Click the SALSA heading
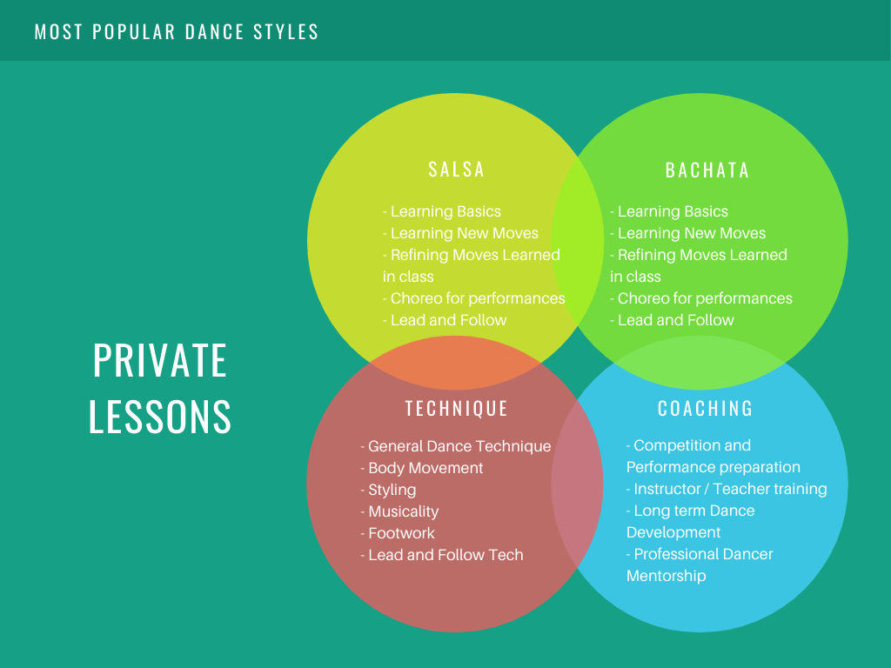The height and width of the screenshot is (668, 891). [456, 170]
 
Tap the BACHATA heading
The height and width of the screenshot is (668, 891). [707, 170]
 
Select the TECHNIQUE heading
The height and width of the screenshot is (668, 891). [456, 409]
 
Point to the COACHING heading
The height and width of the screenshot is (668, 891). [705, 409]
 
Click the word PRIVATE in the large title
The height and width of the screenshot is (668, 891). [160, 360]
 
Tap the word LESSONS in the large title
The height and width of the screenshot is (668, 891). [160, 417]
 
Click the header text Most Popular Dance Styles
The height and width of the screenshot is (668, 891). [176, 32]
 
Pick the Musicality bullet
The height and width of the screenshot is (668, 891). [399, 511]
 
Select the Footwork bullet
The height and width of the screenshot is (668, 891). [397, 533]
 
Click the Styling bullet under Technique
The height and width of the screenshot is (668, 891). [388, 490]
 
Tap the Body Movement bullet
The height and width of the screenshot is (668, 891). [422, 468]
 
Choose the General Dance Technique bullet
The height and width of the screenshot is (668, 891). [456, 446]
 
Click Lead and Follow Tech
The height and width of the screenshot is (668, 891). [442, 554]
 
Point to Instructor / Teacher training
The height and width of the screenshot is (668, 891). [727, 489]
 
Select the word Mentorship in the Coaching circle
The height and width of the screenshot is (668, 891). [666, 576]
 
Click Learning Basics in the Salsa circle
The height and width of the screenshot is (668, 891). [442, 211]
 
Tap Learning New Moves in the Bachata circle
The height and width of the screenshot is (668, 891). [688, 233]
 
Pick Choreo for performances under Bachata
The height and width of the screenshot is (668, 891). [701, 298]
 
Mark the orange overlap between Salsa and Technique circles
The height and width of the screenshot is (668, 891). [454, 363]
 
